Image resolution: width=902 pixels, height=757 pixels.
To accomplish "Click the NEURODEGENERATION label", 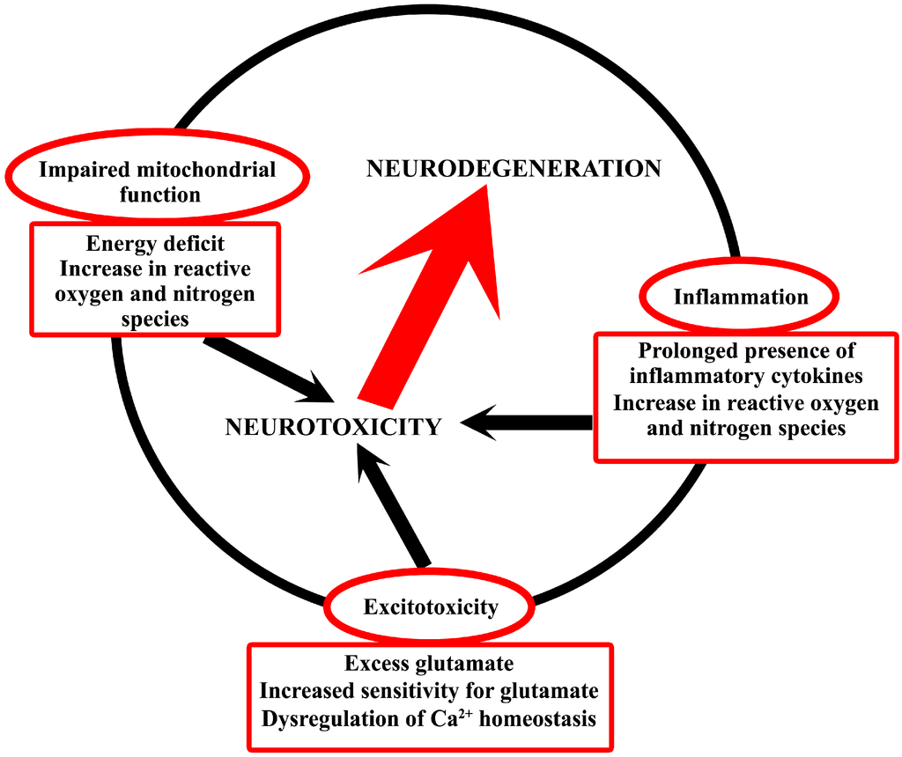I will (514, 169).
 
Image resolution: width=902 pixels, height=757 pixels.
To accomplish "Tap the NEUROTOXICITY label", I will (333, 427).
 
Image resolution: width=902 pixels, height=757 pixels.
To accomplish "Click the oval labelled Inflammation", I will (740, 297).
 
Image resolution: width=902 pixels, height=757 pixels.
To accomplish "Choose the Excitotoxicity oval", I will (431, 606).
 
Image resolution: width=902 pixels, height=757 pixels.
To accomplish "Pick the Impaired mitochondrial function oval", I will (158, 180).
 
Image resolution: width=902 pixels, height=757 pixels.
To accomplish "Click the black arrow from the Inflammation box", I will (529, 423).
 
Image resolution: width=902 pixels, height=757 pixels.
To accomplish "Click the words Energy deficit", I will (155, 245).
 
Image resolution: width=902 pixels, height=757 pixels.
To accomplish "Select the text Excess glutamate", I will (429, 663).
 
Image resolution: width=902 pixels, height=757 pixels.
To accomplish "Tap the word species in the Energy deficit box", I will (155, 319).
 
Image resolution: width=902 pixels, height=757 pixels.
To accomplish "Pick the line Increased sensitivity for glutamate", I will (429, 691).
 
